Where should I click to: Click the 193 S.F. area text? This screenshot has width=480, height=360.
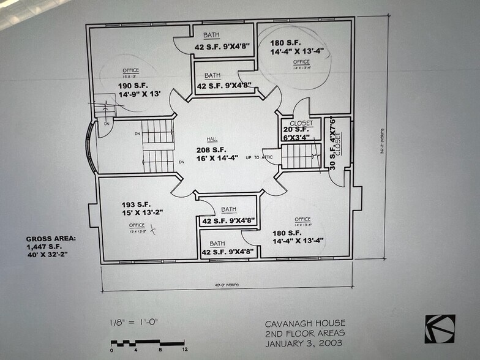[x=134, y=204]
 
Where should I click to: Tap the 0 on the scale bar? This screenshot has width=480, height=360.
[x=112, y=350]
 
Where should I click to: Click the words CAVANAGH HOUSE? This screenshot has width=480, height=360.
[x=305, y=323]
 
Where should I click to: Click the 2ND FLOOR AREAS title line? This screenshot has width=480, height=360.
[x=305, y=332]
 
